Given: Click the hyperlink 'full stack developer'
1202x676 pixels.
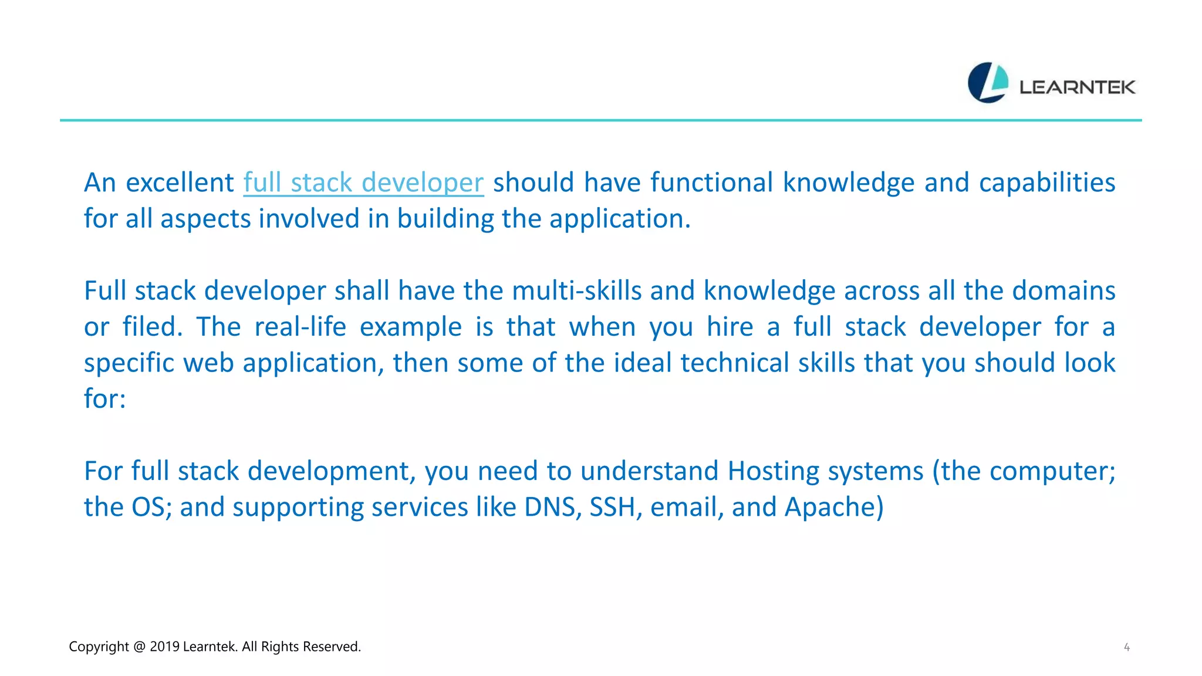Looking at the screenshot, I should pyautogui.click(x=363, y=182).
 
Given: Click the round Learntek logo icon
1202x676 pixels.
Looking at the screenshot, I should pyautogui.click(x=988, y=83).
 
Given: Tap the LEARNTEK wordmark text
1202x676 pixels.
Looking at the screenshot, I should pyautogui.click(x=1077, y=87).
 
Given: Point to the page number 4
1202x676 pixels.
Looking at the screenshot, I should pyautogui.click(x=1126, y=647).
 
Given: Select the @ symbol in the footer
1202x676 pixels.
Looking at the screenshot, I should pyautogui.click(x=139, y=647).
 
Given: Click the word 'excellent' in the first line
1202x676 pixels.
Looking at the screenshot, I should pyautogui.click(x=180, y=182).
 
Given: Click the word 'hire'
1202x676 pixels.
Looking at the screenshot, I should pyautogui.click(x=730, y=327).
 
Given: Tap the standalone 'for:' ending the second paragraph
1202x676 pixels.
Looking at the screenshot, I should pyautogui.click(x=105, y=399).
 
